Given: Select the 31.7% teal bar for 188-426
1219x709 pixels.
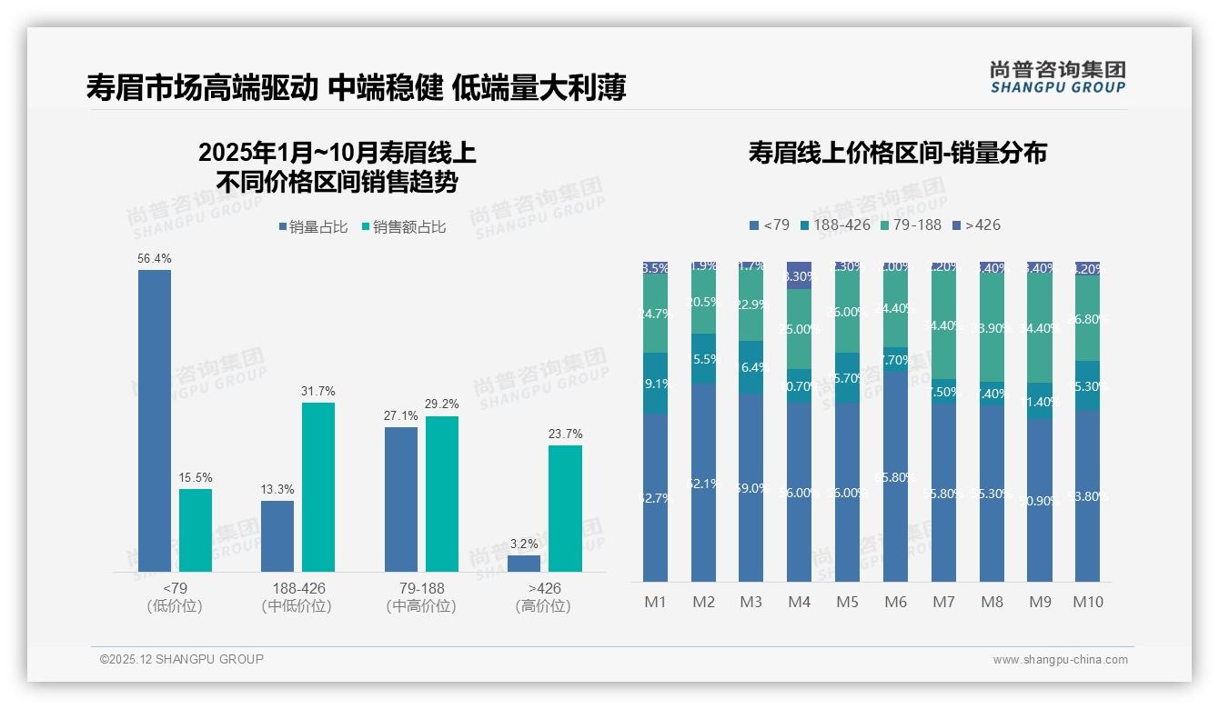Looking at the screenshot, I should (318, 486).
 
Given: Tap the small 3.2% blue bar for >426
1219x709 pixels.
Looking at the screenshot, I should (523, 563).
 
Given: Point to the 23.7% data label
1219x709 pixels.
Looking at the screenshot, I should (566, 434).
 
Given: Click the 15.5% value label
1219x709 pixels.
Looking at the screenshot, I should (196, 477).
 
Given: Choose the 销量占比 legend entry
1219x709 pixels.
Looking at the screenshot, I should (312, 227).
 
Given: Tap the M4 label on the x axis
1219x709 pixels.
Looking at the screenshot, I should (799, 602).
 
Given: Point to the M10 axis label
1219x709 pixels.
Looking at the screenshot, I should (1087, 602).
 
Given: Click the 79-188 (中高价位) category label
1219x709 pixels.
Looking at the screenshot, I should (421, 596).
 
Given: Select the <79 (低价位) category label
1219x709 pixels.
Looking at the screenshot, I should (175, 596).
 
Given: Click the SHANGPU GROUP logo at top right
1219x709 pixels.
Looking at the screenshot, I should (1057, 77).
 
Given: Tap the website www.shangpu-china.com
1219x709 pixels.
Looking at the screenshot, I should (1060, 660).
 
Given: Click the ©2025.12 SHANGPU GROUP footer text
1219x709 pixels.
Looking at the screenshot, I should (182, 659).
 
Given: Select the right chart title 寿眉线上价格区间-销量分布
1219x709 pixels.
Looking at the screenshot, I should (897, 153).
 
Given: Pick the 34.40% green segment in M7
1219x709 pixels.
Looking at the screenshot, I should (943, 325).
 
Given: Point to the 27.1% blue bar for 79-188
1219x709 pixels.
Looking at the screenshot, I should (401, 499).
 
